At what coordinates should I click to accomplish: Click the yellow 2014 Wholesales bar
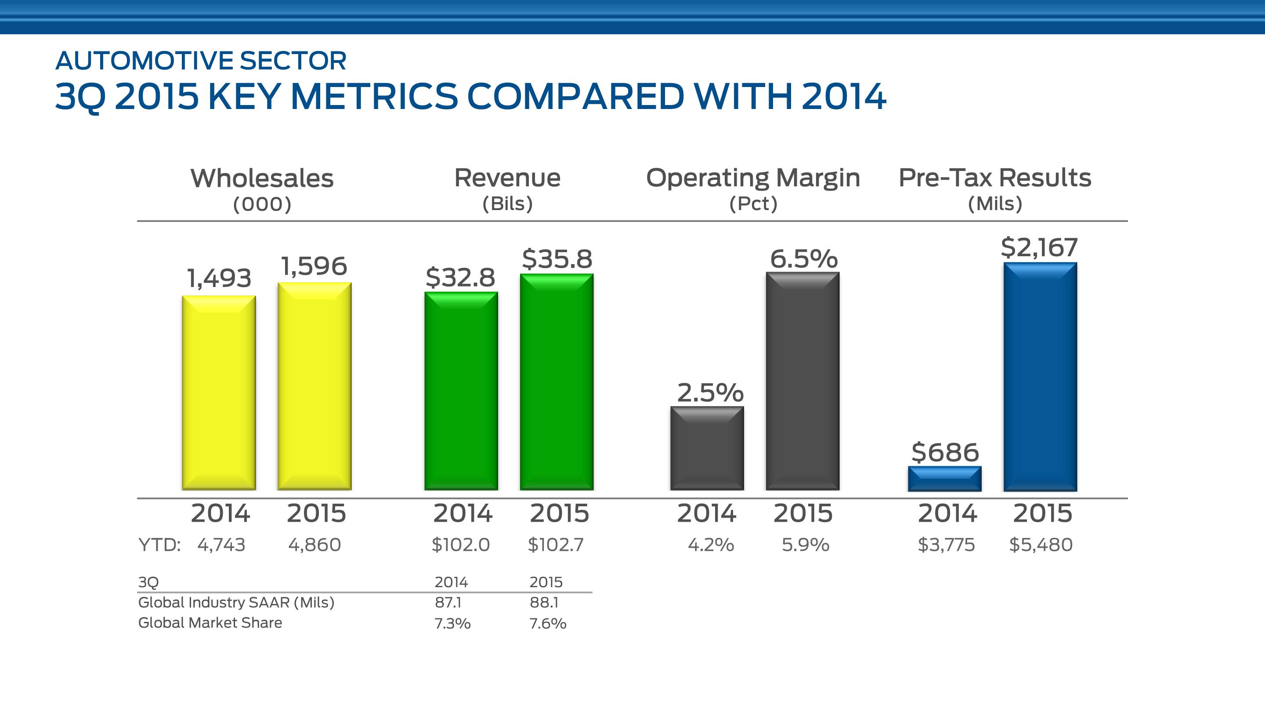pos(219,392)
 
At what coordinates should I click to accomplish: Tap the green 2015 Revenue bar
pos(557,382)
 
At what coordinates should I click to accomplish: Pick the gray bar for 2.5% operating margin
pos(707,448)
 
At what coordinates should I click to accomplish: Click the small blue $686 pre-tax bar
pos(944,479)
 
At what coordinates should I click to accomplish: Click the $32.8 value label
pos(460,277)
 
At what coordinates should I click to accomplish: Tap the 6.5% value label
pos(803,258)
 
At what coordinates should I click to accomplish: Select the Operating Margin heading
pos(753,178)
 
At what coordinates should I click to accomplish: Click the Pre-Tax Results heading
pos(995,178)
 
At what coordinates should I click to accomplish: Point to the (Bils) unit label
pos(507,203)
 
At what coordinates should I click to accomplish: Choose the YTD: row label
pos(159,545)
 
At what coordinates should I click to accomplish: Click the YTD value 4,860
pos(314,545)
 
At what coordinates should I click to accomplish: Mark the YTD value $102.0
pos(461,545)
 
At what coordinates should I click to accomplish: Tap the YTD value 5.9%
pos(806,545)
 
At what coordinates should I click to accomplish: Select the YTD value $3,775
pos(946,545)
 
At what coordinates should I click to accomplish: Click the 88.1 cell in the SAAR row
pos(544,603)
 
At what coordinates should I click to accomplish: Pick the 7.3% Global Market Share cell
pos(452,624)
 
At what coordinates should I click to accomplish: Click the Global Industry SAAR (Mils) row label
pos(236,603)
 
